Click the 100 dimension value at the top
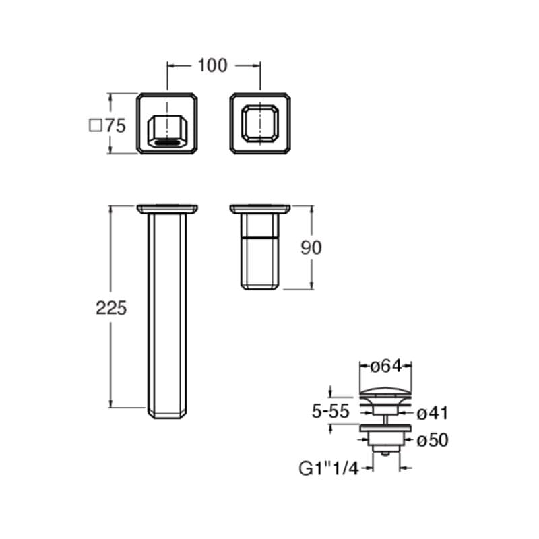pyautogui.click(x=212, y=65)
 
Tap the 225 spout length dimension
pyautogui.click(x=111, y=308)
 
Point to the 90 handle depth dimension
pyautogui.click(x=311, y=247)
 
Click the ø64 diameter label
pyautogui.click(x=385, y=366)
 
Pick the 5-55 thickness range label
pyautogui.click(x=330, y=411)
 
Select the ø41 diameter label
pyautogui.click(x=433, y=413)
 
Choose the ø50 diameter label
pyautogui.click(x=433, y=440)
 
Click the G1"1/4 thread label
pyautogui.click(x=329, y=468)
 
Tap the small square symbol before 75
pyautogui.click(x=95, y=126)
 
